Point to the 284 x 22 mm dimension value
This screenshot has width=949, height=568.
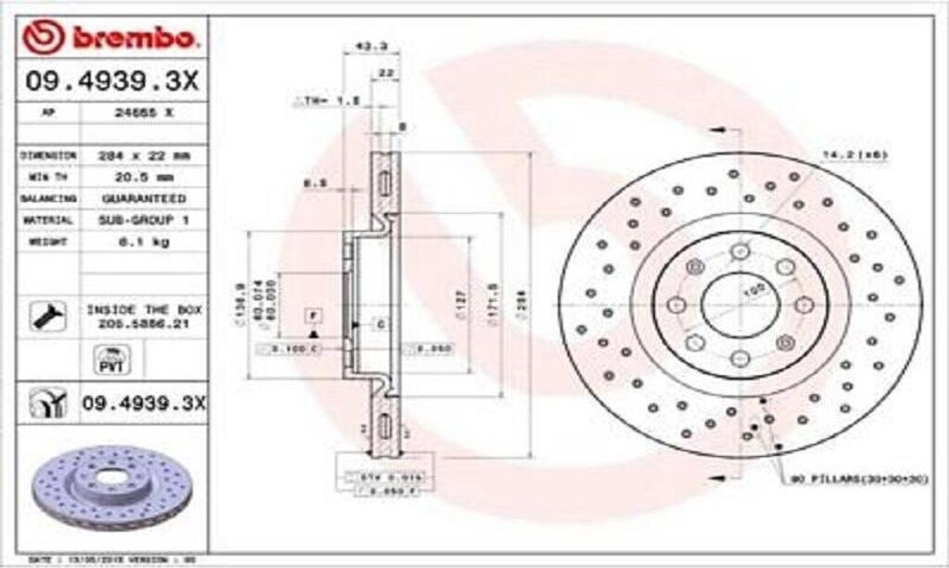tap(143, 155)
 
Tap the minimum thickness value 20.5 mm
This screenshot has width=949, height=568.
tap(143, 176)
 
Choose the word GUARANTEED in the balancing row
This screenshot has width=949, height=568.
tap(143, 198)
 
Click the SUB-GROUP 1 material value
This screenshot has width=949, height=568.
tap(143, 220)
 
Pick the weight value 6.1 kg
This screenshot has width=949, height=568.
tap(143, 241)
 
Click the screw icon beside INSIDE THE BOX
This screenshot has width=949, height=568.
tap(44, 315)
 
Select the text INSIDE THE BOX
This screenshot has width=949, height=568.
tap(144, 309)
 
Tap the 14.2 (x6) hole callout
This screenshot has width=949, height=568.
tap(854, 154)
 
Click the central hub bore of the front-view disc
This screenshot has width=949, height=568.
tap(739, 302)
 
